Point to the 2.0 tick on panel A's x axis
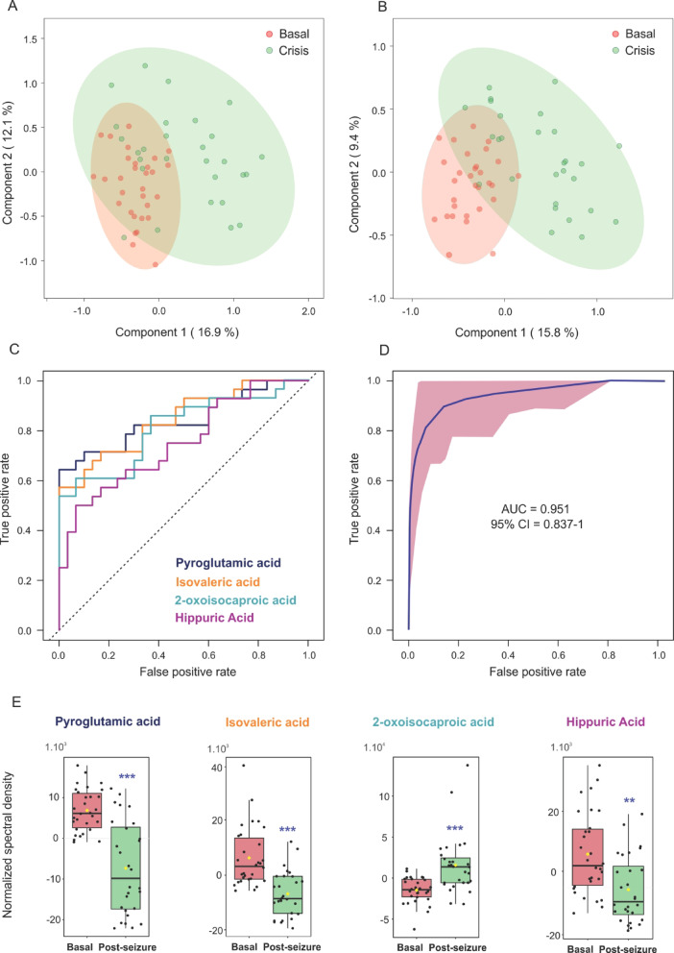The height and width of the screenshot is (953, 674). pyautogui.click(x=307, y=312)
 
